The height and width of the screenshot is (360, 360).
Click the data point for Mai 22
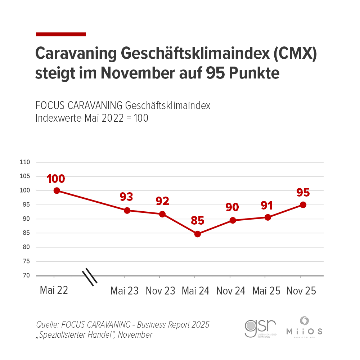pyautogui.click(x=57, y=190)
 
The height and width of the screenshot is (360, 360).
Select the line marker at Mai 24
pyautogui.click(x=197, y=234)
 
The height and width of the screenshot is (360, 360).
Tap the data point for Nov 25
pyautogui.click(x=303, y=205)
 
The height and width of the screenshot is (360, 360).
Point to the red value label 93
pyautogui.click(x=126, y=197)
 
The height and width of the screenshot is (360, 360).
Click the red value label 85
pyautogui.click(x=197, y=220)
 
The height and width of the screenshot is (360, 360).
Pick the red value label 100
pyautogui.click(x=56, y=179)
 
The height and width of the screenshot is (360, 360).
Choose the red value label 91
pyautogui.click(x=267, y=206)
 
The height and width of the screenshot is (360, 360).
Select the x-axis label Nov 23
pyautogui.click(x=160, y=291)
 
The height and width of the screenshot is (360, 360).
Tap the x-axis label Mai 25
pyautogui.click(x=267, y=291)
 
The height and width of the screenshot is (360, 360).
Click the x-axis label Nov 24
pyautogui.click(x=231, y=291)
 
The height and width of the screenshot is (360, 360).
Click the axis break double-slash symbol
pyautogui.click(x=90, y=277)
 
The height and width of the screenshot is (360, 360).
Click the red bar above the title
pyautogui.click(x=61, y=34)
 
